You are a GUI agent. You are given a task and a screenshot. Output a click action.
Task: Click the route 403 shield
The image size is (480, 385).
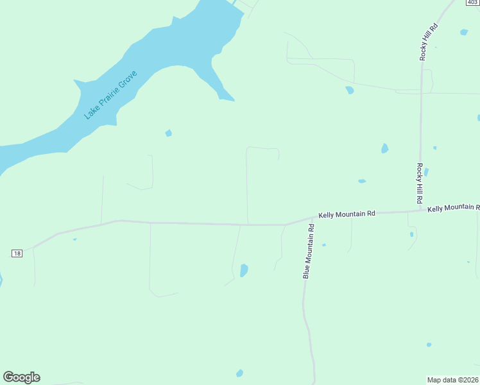[x=472, y=3]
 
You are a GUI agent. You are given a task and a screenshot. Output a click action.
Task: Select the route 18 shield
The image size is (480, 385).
[x=17, y=253]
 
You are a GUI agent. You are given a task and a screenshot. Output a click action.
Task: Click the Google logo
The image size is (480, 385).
[x=22, y=377]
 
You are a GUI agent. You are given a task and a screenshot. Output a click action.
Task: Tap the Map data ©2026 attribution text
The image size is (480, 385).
[x=453, y=379]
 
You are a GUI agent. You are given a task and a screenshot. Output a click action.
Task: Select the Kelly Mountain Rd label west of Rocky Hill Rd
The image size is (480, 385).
[x=347, y=214]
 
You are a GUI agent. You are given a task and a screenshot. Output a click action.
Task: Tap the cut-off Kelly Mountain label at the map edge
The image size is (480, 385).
[x=454, y=208]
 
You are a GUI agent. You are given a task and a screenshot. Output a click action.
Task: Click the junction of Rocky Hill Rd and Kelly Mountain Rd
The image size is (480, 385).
[x=421, y=210]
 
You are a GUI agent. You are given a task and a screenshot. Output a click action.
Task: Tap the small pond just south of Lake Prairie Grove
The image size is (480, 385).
[x=168, y=133]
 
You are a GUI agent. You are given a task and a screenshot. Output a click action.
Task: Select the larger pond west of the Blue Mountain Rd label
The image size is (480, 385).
[x=244, y=271]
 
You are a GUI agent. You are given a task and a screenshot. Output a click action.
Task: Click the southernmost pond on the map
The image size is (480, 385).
[x=239, y=373]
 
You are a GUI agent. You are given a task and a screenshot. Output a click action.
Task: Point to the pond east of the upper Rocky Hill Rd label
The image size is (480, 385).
[x=463, y=32]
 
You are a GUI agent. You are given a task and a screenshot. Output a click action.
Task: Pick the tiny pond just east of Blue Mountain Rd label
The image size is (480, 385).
[x=324, y=244]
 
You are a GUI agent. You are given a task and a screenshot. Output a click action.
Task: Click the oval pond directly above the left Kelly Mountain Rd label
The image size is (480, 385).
[x=362, y=181]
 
